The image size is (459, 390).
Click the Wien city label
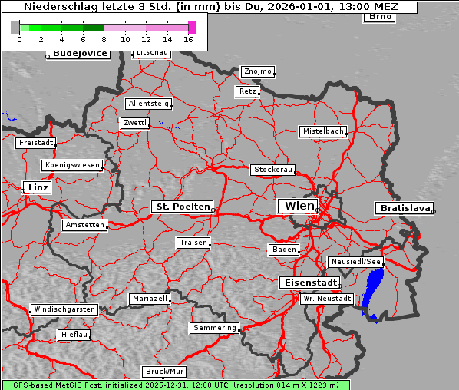(299, 206)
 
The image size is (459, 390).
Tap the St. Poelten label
(182, 207)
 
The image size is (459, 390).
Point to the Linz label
(36, 187)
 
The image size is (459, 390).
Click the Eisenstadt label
(308, 283)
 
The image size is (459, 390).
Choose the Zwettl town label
(134, 123)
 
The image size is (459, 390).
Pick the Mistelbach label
(322, 131)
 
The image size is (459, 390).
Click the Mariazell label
(149, 298)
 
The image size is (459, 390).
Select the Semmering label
(215, 328)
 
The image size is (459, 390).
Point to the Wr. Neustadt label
(327, 298)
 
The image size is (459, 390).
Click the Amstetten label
(84, 225)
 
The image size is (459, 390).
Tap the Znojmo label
(257, 71)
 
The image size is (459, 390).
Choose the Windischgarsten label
(64, 309)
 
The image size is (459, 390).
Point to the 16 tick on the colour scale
(188, 38)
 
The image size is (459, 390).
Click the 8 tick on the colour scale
(104, 38)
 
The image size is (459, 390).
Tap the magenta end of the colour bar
(192, 27)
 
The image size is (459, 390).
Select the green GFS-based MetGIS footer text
(175, 385)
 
